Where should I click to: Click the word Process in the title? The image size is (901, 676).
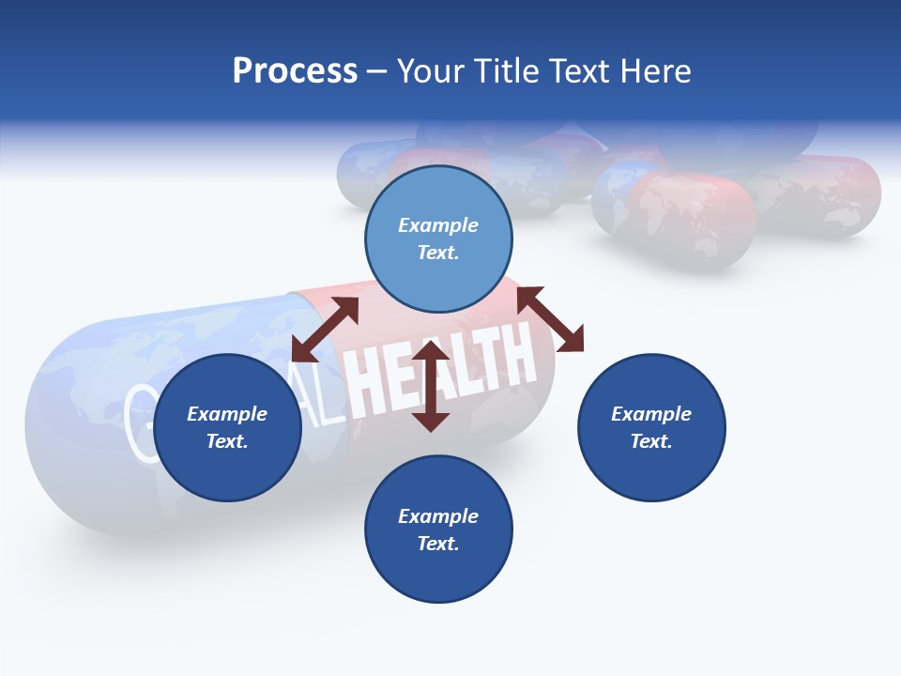pos(295,71)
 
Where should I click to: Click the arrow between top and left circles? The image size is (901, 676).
pos(325,330)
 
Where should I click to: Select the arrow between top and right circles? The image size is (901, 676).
pos(551,320)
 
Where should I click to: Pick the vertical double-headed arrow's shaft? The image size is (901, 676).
pos(431,387)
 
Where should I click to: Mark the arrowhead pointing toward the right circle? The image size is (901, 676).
pos(572,340)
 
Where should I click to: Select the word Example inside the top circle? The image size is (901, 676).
pos(438,225)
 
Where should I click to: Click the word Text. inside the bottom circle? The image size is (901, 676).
pos(438,544)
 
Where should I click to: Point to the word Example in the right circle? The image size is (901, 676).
pos(651,414)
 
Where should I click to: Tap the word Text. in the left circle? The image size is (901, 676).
pos(227,441)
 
